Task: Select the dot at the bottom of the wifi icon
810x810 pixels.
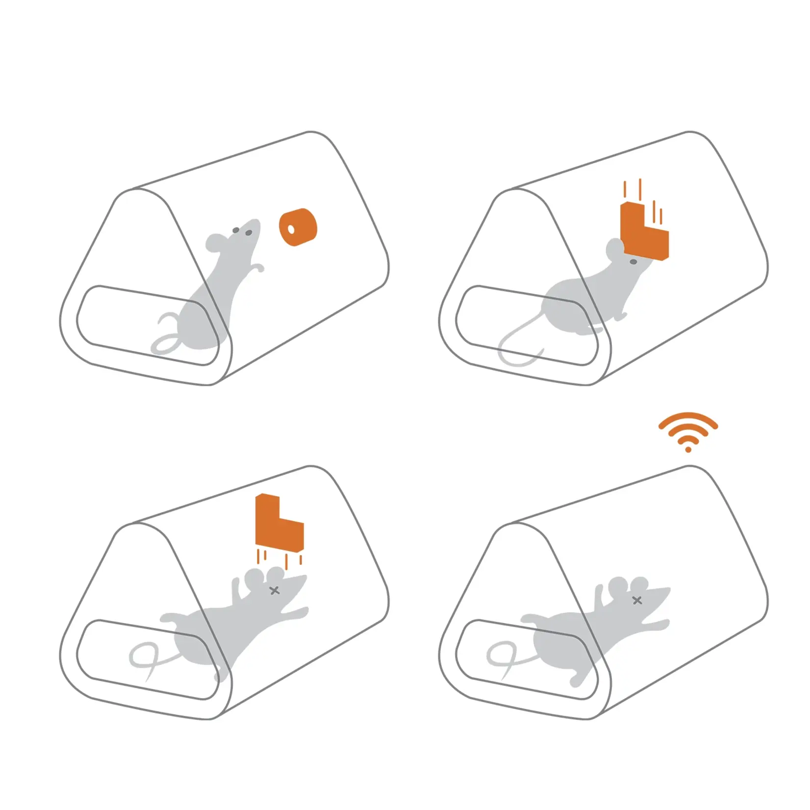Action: pos(688,449)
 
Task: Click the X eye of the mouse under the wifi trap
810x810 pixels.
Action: pos(637,600)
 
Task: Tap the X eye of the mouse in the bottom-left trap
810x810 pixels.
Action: pos(275,590)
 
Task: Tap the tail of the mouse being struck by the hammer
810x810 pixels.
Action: pos(515,343)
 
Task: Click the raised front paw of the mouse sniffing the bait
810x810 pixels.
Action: pos(258,267)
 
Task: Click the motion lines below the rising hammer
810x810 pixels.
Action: pos(277,558)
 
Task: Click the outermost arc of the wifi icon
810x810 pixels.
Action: pos(688,416)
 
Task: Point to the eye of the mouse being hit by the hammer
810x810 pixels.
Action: pos(633,262)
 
